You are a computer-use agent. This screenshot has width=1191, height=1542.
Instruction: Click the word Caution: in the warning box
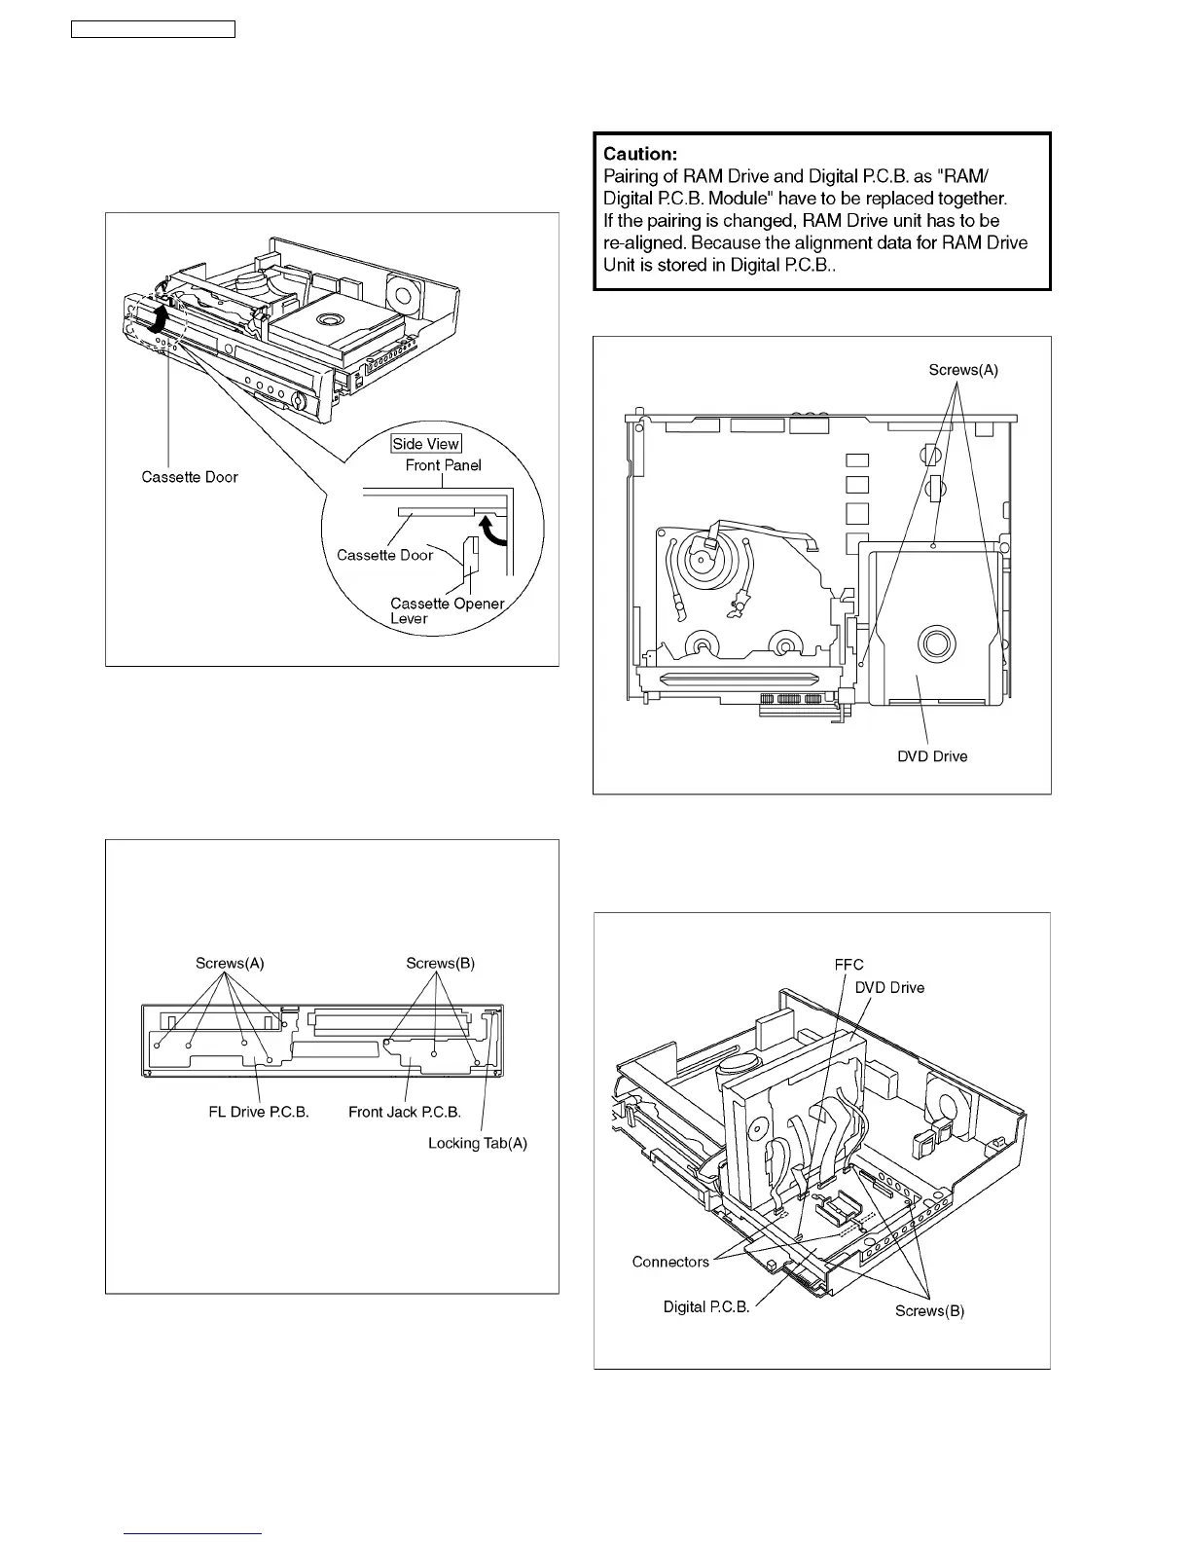[639, 154]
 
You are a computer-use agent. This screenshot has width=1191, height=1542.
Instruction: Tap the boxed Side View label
[425, 444]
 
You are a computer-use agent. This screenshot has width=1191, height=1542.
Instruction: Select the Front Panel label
[443, 465]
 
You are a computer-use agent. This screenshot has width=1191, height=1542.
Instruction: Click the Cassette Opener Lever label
[447, 610]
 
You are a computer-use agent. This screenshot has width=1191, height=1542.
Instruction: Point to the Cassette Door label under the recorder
[190, 477]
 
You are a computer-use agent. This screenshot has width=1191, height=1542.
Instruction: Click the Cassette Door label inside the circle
[384, 555]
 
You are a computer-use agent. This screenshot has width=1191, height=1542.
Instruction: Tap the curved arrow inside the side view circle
[494, 534]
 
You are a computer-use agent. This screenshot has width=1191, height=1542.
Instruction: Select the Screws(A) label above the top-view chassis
[963, 370]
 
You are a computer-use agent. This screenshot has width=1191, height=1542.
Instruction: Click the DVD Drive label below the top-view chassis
[932, 756]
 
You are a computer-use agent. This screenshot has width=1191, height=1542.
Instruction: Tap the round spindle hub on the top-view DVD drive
[936, 643]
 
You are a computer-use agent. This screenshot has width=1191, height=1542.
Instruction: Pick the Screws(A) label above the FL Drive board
[230, 964]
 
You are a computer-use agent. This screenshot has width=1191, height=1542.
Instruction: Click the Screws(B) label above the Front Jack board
[440, 964]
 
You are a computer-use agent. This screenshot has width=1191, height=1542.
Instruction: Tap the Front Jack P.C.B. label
[405, 1112]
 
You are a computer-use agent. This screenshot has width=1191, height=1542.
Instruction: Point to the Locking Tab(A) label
[478, 1143]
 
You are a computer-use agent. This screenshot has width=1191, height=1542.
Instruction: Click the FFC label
[848, 965]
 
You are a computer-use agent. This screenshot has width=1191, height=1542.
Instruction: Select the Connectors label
[670, 1262]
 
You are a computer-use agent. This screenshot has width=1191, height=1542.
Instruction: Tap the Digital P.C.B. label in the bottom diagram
[706, 1306]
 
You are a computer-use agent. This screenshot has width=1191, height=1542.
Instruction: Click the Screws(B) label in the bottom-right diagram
[929, 1310]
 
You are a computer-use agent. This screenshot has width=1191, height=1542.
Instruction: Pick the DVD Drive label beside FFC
[889, 987]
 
